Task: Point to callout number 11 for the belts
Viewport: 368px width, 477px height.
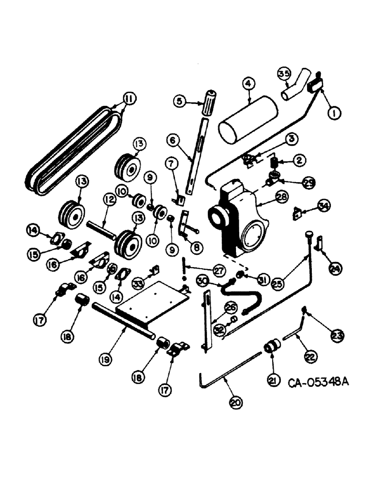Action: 128,99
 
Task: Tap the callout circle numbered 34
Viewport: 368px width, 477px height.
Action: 325,206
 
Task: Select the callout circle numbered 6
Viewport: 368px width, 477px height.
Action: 174,141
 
